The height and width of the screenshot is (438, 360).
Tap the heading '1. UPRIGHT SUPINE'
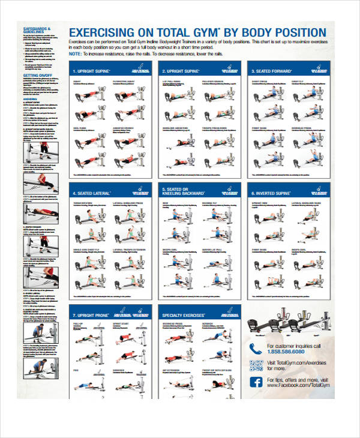pos(93,70)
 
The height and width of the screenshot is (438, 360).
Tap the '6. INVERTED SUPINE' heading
pos(273,193)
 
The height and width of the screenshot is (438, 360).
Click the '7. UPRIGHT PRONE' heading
pos(92,314)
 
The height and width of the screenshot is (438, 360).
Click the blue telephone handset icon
pos(256,349)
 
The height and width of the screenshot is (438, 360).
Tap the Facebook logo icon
pos(256,383)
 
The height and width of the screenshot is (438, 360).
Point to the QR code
pos(256,365)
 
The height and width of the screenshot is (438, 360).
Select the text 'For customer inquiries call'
pos(294,346)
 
